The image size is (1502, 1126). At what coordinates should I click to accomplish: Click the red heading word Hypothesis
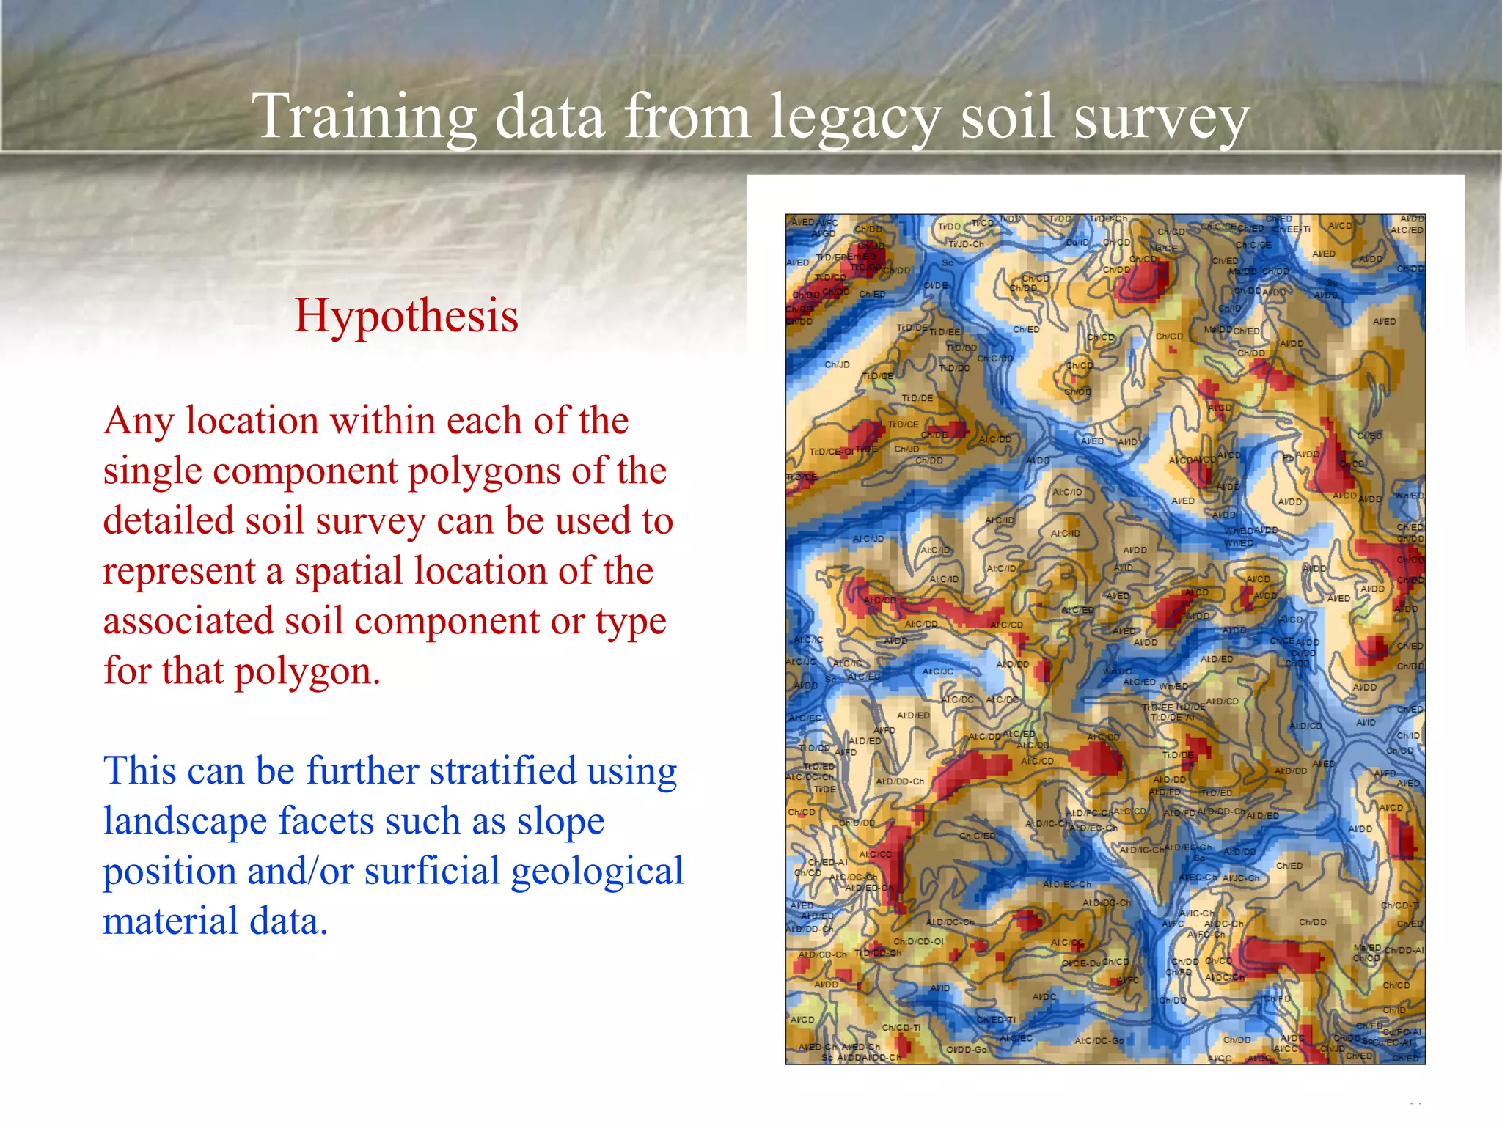tap(406, 315)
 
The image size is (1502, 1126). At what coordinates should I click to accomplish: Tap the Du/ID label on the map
tap(1077, 242)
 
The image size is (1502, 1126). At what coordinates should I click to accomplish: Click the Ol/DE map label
tap(936, 285)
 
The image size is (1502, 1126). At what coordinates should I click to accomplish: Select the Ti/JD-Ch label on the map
tap(966, 244)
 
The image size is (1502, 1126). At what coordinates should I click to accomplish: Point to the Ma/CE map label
tap(1163, 249)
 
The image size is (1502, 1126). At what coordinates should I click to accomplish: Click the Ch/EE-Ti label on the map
tap(1291, 229)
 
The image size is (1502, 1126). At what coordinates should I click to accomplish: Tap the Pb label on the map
tap(1287, 457)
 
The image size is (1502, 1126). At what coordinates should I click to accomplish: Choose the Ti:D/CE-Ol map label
tap(831, 452)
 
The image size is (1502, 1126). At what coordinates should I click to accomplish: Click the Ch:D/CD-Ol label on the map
tap(918, 941)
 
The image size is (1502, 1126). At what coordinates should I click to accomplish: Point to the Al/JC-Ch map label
tap(1241, 877)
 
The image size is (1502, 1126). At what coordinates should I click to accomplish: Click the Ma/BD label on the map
tap(1367, 948)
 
